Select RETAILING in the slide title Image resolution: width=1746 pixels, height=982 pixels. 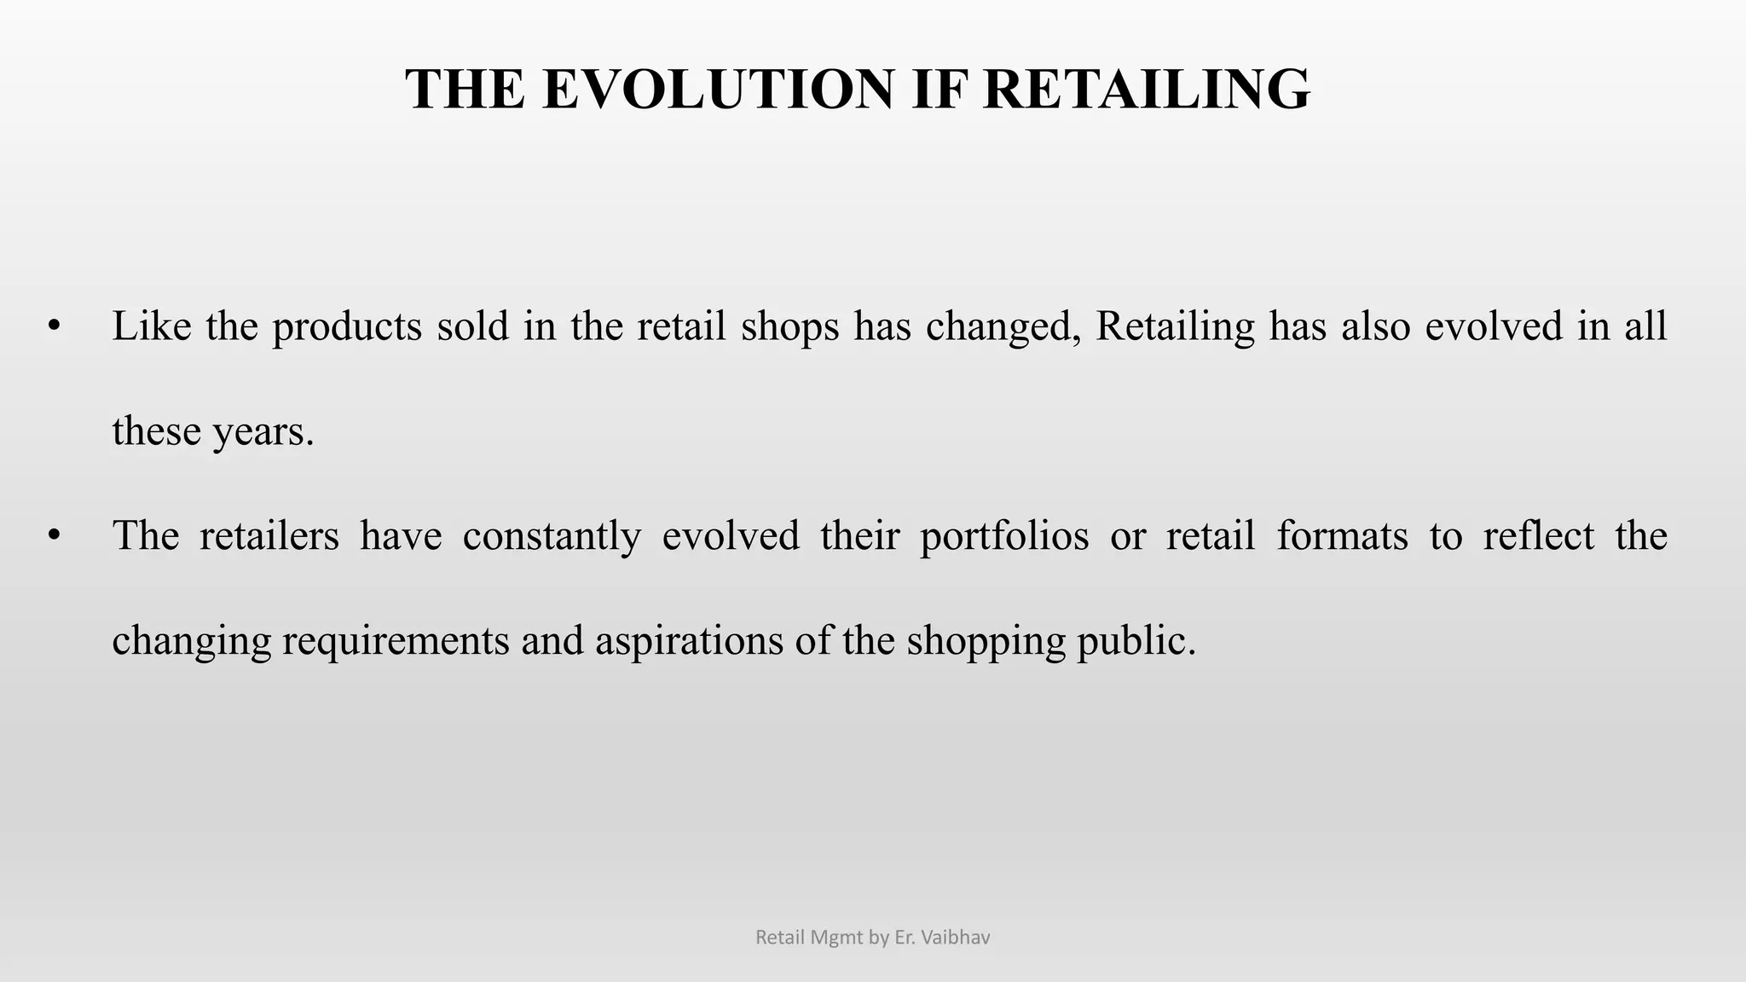tap(1147, 90)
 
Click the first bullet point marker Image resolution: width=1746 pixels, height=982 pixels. tap(55, 326)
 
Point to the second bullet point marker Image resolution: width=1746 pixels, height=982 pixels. tap(55, 536)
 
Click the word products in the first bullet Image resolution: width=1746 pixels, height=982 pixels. tap(347, 326)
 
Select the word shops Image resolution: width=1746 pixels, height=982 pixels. tap(790, 326)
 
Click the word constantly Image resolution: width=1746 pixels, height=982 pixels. tap(552, 536)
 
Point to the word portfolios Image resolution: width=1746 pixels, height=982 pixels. tap(1004, 536)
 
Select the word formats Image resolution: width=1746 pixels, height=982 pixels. tap(1342, 536)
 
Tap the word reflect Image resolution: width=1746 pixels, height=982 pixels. tap(1539, 536)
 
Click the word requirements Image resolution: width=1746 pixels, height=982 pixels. tap(396, 641)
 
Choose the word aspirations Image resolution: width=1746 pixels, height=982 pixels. tap(689, 641)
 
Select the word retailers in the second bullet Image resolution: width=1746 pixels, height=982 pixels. tap(269, 536)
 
